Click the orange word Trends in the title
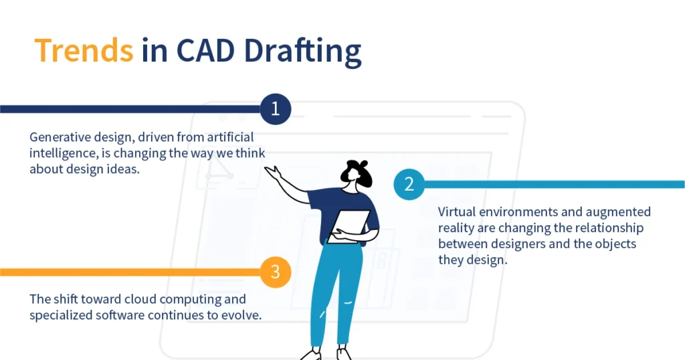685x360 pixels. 84,50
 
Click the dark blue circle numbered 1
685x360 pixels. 275,108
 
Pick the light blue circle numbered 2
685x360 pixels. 409,184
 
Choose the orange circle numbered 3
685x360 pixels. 275,272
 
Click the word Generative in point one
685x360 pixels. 60,137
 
